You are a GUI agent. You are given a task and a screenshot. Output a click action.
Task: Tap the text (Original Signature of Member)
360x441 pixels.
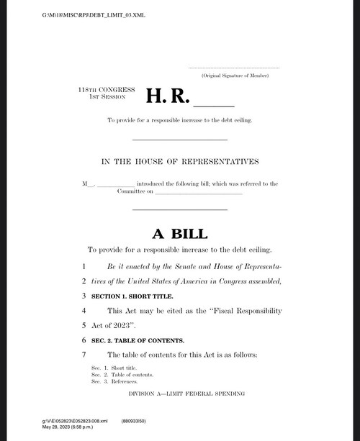235,76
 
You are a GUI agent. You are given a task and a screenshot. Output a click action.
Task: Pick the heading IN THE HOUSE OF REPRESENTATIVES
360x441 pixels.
180,161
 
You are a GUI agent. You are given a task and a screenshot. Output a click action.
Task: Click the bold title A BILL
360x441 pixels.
179,234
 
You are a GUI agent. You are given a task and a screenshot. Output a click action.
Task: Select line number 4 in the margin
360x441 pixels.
84,310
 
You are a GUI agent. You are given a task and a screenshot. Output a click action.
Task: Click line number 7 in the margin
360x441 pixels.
84,355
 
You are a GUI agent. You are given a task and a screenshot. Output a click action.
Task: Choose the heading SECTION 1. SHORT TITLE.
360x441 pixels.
132,296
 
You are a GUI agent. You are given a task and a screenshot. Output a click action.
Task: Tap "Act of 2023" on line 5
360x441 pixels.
114,325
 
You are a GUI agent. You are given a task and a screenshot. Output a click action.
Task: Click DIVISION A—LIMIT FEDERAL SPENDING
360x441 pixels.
186,394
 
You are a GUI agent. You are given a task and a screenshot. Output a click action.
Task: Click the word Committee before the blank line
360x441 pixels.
130,191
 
